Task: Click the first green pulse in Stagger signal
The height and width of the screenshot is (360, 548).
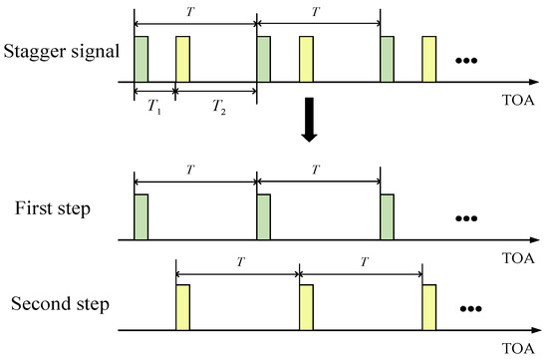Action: [x=140, y=59]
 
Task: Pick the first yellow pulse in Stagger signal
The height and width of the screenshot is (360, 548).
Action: [x=182, y=59]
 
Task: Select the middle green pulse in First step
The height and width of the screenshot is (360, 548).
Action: [x=264, y=216]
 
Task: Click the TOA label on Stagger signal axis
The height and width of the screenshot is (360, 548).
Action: [x=519, y=101]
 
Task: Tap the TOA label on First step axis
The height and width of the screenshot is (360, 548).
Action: [x=519, y=258]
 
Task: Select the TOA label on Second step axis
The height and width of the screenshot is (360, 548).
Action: [x=519, y=349]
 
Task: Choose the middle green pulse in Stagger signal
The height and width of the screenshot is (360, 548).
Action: [x=264, y=59]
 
